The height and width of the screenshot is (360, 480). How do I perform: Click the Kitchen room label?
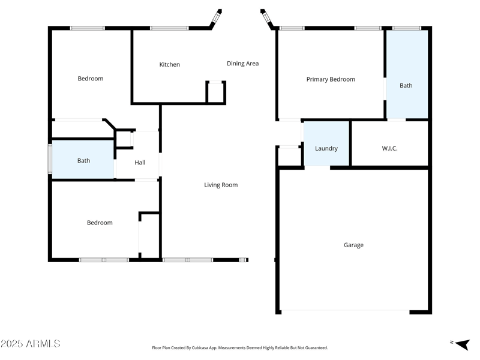(x=169, y=65)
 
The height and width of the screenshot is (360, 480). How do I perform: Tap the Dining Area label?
(x=242, y=64)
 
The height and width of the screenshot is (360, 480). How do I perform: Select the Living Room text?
(x=221, y=185)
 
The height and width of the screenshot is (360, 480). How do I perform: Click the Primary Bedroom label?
(x=331, y=79)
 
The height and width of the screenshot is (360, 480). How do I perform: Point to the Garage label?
(x=353, y=245)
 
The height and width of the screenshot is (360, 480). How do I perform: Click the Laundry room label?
(x=326, y=149)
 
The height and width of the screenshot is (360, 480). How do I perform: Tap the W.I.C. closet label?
(x=389, y=149)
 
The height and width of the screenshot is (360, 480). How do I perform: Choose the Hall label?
(x=140, y=163)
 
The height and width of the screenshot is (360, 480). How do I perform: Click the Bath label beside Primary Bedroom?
(x=406, y=85)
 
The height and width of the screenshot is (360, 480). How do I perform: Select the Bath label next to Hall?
(x=83, y=161)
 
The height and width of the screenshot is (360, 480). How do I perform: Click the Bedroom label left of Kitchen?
(x=91, y=79)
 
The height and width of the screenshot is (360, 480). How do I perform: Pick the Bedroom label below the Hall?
(x=100, y=223)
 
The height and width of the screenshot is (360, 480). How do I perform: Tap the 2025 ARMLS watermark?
(x=30, y=344)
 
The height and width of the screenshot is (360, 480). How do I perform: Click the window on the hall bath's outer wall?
(x=50, y=159)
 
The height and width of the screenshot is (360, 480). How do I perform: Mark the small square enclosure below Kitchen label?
(x=216, y=92)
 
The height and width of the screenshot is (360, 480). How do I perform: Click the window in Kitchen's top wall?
(x=169, y=28)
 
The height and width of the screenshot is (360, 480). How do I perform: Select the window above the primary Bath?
(x=406, y=28)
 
